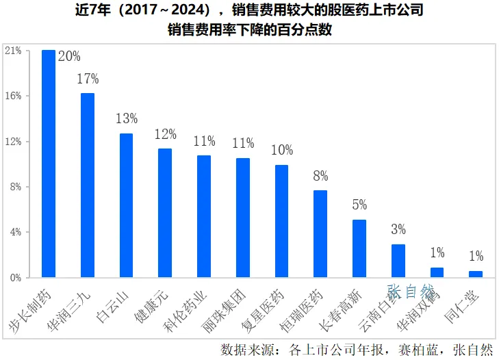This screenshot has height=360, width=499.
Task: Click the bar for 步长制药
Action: coord(49,164)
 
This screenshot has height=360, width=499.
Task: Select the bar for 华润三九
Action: coord(88,185)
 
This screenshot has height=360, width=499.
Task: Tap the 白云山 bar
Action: coord(127,205)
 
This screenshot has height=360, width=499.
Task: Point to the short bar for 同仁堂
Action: coord(476,274)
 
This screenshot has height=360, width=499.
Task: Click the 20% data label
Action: coord(69,56)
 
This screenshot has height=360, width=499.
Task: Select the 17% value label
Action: coord(88,79)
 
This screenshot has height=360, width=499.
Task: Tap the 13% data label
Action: coord(127,119)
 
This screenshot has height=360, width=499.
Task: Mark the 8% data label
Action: coord(320,176)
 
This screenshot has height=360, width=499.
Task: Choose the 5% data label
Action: coord(359,205)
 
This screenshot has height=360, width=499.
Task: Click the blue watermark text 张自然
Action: coord(411,292)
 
